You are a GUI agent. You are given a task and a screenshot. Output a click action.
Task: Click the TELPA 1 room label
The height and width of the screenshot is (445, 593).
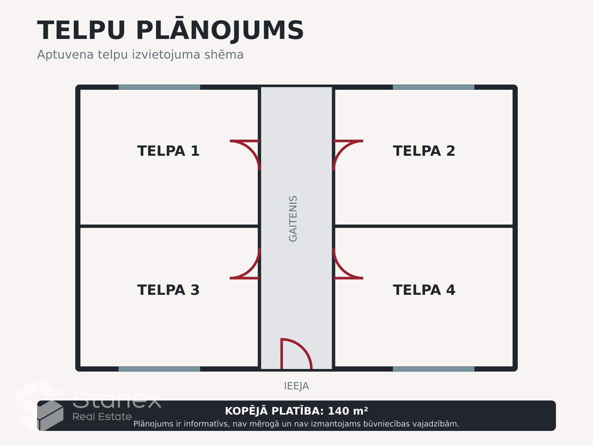(168, 151)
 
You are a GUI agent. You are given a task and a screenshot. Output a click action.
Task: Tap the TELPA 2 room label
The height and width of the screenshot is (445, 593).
(424, 151)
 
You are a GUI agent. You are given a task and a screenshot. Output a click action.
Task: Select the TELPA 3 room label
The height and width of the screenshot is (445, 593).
(168, 290)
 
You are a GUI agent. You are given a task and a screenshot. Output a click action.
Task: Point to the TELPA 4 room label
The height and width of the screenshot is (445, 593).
(424, 290)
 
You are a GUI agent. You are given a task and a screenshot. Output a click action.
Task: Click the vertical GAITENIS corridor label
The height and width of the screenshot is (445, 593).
(293, 218)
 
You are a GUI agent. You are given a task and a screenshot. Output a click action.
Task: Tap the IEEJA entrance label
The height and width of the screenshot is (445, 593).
(296, 386)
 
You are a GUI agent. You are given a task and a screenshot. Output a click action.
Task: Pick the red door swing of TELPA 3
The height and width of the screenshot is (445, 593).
(251, 269)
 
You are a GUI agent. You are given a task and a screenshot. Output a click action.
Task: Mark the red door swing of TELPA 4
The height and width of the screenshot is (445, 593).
(342, 269)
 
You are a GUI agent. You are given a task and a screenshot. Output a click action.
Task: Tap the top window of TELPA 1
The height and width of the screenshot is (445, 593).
(159, 87)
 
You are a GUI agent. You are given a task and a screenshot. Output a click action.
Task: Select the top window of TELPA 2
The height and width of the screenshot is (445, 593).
(434, 87)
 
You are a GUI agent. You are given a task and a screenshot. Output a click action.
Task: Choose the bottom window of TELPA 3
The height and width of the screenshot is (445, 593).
(159, 369)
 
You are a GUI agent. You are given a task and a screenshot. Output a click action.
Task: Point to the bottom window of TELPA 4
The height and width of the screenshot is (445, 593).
(434, 369)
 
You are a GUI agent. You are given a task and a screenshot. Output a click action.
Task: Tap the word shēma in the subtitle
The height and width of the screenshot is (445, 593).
(224, 55)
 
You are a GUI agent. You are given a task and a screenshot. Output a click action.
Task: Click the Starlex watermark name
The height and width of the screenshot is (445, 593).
(117, 399)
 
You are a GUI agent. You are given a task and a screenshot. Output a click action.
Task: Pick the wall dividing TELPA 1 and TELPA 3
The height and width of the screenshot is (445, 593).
(169, 226)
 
